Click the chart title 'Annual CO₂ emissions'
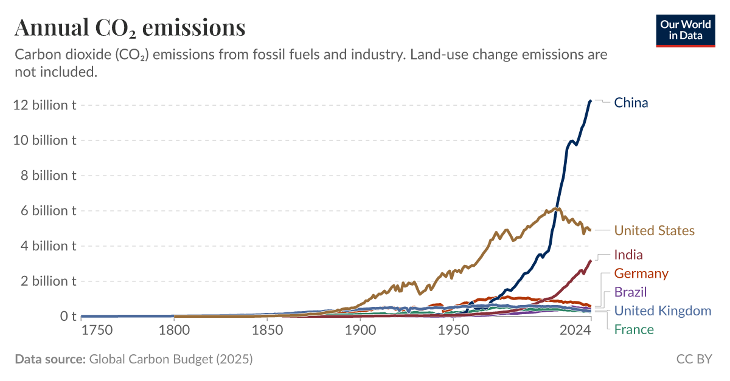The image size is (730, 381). click(130, 27)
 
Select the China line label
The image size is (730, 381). click(631, 103)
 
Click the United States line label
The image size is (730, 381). click(654, 231)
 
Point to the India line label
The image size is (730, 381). click(628, 255)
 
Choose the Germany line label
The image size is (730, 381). click(641, 273)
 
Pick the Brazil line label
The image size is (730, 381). click(630, 292)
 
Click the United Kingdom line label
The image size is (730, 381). click(662, 311)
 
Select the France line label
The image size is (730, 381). click(634, 330)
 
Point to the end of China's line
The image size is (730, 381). click(590, 101)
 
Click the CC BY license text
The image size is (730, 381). click(694, 359)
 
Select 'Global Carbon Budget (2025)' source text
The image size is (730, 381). click(171, 359)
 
